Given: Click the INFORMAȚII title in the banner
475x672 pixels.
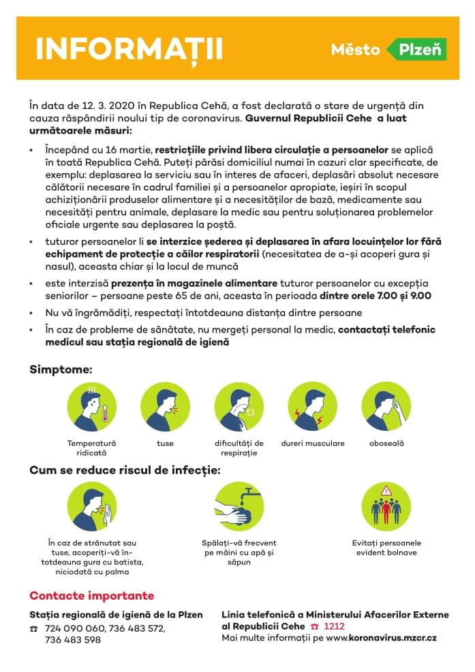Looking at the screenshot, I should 129,49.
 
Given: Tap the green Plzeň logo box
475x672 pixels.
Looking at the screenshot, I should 416,49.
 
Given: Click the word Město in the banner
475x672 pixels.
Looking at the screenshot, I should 356,49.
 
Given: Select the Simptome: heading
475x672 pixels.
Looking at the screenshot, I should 61,369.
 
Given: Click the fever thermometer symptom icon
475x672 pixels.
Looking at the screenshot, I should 92,406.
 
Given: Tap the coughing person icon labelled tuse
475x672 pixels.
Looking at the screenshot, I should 165,406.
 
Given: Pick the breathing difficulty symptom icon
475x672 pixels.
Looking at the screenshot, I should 239,406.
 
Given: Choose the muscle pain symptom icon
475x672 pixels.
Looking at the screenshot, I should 312,406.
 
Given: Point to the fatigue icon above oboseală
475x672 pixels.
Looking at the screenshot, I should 386,406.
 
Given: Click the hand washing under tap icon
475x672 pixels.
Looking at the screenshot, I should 239,507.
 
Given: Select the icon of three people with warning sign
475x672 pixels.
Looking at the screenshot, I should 386,507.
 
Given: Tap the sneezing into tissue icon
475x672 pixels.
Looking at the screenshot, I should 92,507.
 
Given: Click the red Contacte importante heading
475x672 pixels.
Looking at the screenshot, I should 91,596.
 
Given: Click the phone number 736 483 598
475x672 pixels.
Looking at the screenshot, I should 72,640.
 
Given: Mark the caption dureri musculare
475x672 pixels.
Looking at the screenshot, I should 312,444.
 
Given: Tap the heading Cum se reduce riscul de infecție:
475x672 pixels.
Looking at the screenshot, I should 125,470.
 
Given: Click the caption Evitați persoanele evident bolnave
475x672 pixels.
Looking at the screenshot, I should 386,548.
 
